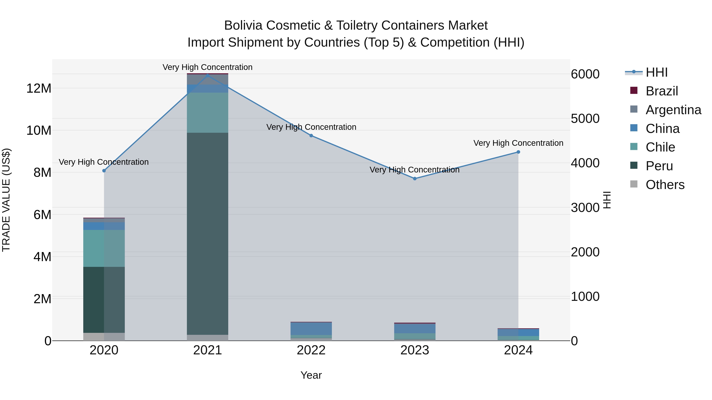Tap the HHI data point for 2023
click(x=415, y=179)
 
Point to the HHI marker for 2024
click(x=518, y=152)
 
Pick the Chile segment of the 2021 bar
click(x=208, y=113)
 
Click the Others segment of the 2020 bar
click(x=104, y=337)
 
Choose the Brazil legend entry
click(x=662, y=91)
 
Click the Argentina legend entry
click(x=673, y=110)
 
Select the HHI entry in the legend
click(x=656, y=72)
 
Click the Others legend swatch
click(x=634, y=184)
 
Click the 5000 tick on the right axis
click(x=585, y=119)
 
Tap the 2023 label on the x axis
click(x=415, y=350)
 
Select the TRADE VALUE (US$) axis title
click(x=6, y=200)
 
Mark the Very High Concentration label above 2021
click(x=208, y=67)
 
